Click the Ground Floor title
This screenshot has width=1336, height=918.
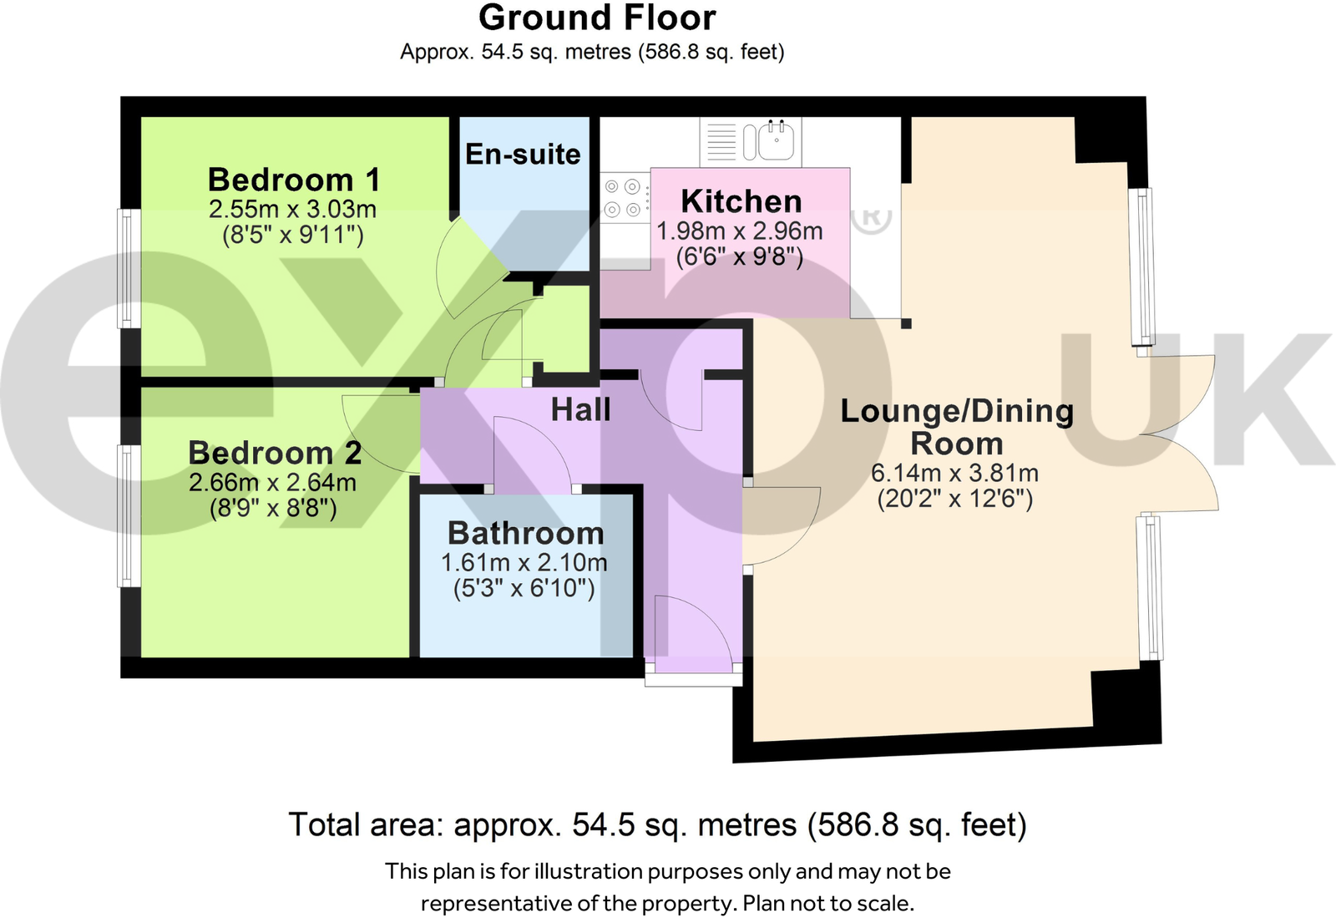pos(596,18)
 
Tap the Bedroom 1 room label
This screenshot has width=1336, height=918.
pos(293,180)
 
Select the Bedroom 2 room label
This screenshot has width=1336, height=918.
pos(275,453)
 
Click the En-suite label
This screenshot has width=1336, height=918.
pos(523,155)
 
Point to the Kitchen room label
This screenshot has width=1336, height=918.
pos(741,201)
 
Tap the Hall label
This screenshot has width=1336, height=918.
pos(580,410)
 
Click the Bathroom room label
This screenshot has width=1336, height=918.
pos(525,533)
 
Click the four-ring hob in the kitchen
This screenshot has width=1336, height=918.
pos(623,198)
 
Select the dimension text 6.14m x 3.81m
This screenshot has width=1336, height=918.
pos(954,473)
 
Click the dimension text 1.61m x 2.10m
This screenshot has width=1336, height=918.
pos(524,562)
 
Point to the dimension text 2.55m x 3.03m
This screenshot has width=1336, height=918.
pos(292,209)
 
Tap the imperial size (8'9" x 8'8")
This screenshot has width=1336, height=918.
pos(273,508)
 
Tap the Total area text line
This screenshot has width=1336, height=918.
pos(657,824)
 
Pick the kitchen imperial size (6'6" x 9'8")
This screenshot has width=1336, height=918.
pos(739,256)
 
